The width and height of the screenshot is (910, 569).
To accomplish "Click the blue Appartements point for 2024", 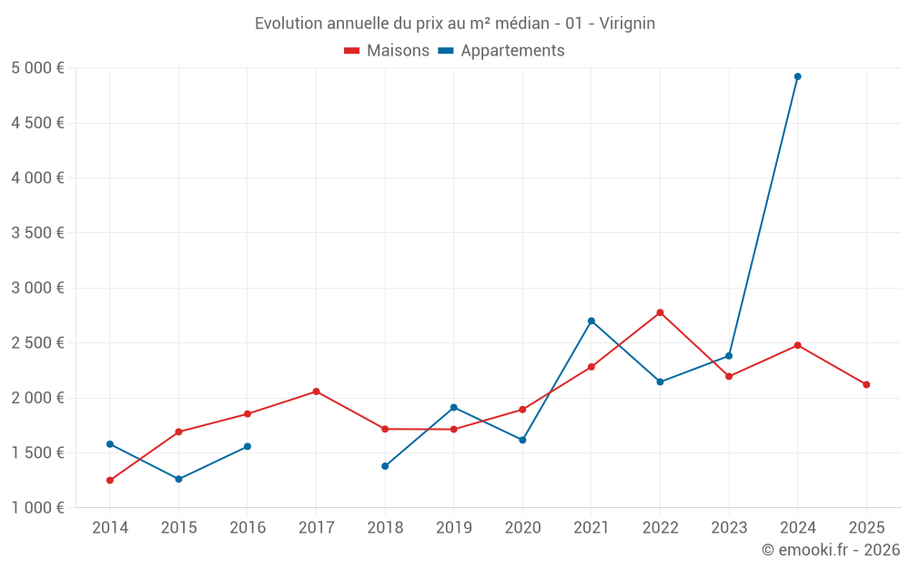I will (797, 76).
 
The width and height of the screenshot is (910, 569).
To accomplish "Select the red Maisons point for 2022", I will (660, 312).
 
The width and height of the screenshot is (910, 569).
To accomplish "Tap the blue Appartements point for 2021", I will (591, 320).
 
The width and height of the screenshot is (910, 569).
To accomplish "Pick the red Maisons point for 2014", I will (110, 480).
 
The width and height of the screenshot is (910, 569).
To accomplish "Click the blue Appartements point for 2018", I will (385, 466).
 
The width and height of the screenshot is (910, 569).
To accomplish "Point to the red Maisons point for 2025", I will (866, 384).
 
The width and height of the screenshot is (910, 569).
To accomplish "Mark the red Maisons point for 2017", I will (316, 391).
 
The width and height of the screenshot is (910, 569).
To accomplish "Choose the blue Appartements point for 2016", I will (248, 446).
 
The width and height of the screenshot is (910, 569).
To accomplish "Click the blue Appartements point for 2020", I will (522, 440).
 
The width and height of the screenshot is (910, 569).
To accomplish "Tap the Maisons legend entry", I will (387, 51).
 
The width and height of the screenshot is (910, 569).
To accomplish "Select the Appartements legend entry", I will (501, 51).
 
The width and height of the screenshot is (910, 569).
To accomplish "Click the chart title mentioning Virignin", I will (455, 24).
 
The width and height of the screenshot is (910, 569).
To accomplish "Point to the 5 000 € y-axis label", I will (37, 68).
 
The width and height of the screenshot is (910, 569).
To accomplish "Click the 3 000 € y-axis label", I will (37, 288).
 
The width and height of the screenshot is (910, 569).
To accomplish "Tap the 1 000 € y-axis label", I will (37, 508).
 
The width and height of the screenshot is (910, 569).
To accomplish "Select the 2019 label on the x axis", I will (453, 527).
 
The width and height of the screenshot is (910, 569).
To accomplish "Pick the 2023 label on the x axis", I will (729, 527).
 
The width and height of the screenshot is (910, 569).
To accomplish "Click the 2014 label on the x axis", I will (110, 527).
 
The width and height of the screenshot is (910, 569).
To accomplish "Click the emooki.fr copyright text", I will (830, 550).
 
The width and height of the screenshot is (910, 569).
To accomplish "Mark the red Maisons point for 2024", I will (797, 345).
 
